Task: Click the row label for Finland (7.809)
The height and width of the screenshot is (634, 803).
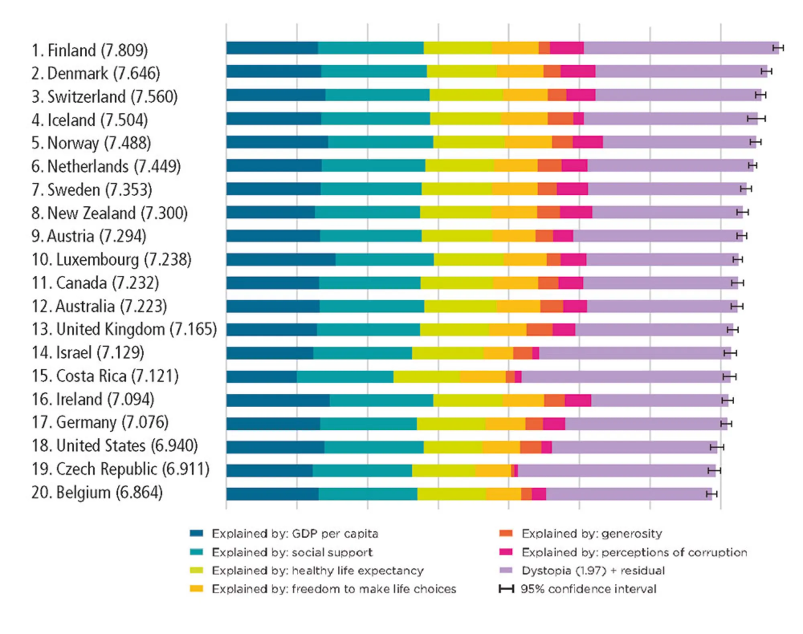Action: (89, 51)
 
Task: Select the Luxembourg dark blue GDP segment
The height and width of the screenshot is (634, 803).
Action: (281, 260)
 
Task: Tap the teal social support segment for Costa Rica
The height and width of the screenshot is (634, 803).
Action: (345, 377)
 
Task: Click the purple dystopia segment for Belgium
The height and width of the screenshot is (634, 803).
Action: (628, 494)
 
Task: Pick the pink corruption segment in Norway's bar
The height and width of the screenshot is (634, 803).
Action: (587, 142)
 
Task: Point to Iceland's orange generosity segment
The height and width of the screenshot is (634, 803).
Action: (560, 119)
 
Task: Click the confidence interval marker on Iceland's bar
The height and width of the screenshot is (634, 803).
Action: (756, 119)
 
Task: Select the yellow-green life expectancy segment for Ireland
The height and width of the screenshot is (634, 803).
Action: (468, 400)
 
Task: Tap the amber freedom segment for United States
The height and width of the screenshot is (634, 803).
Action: (501, 447)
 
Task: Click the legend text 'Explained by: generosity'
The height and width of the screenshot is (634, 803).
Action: (591, 534)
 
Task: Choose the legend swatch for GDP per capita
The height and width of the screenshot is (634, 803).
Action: (196, 534)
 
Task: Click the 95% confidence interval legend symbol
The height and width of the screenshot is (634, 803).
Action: (506, 589)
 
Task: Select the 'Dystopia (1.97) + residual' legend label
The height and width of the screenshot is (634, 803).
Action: (593, 571)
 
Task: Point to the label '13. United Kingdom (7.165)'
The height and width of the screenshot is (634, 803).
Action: (124, 329)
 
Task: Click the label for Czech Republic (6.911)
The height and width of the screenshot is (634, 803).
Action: (120, 469)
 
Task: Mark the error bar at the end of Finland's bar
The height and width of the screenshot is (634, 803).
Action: (778, 48)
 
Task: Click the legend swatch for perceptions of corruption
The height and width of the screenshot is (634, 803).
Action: (506, 552)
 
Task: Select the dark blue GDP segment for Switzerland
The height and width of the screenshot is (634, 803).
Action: (275, 95)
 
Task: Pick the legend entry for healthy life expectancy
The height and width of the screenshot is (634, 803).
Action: (317, 571)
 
